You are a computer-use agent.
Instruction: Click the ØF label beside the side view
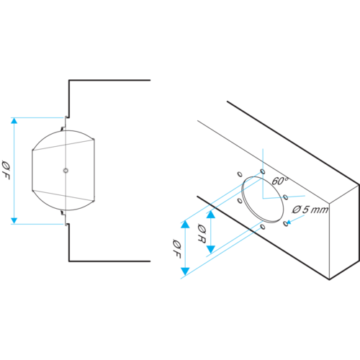[6, 170]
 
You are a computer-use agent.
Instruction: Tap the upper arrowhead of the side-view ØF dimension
[14, 120]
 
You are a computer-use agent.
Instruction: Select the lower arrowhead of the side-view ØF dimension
[14, 221]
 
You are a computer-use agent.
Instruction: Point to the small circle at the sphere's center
[66, 171]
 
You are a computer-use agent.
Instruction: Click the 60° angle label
[280, 181]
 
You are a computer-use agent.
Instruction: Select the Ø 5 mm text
[310, 210]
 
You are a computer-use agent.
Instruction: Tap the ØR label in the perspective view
[202, 233]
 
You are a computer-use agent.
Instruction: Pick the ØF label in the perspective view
[176, 248]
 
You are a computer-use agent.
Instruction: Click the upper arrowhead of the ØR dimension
[211, 215]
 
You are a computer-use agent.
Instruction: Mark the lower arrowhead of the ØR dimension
[211, 250]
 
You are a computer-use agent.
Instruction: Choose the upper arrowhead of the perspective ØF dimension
[185, 224]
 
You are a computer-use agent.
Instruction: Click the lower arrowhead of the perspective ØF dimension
[185, 271]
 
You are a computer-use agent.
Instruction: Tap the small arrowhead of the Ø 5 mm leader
[289, 222]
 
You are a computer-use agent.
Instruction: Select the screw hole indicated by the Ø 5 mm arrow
[286, 224]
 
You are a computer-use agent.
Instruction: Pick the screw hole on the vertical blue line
[263, 171]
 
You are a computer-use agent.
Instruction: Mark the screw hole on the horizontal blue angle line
[286, 197]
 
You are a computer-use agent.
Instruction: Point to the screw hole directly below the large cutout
[263, 227]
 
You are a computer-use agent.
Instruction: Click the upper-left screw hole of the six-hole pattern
[240, 174]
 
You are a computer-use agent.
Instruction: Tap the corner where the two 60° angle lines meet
[263, 199]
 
